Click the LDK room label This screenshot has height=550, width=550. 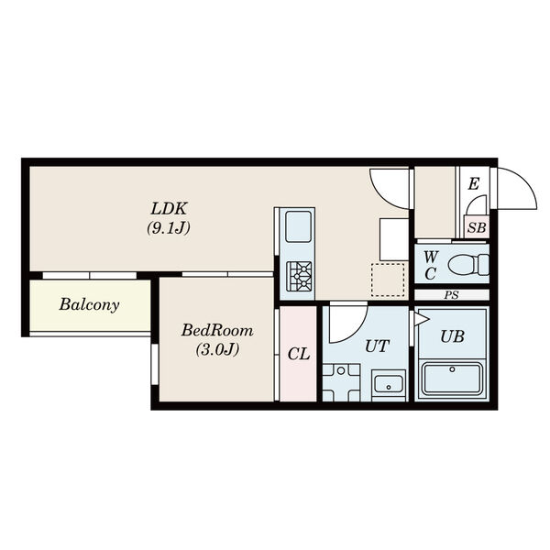coord(169,208)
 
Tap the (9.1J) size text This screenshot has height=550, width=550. coord(169,228)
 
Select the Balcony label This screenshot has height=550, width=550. coord(90,305)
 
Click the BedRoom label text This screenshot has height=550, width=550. coord(217,330)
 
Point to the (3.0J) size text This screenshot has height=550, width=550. coord(217,349)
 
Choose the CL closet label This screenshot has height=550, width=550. coord(299,354)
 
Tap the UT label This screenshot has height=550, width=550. coord(377,346)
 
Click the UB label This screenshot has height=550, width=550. coord(453,336)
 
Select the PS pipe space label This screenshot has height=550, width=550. coord(451,295)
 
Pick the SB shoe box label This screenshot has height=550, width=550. coord(477,228)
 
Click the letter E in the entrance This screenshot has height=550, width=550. coord(474,184)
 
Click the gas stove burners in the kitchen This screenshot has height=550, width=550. coord(299,277)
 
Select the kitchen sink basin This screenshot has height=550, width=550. coord(298,226)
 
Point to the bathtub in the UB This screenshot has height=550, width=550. coord(453,379)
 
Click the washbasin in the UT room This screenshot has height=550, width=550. coord(389,384)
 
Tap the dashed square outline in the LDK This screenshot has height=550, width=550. coord(388,280)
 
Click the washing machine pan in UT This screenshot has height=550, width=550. coord(341,382)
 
